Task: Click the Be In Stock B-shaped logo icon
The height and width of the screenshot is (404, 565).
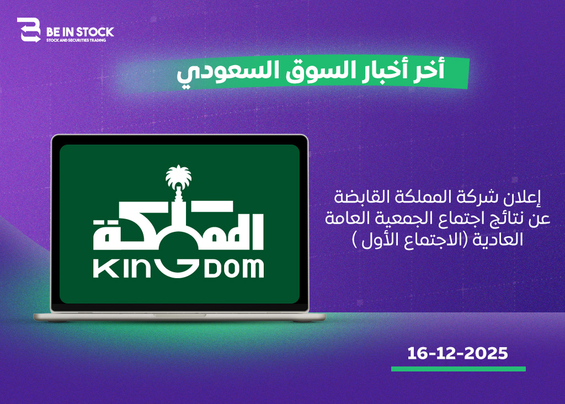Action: point(29,30)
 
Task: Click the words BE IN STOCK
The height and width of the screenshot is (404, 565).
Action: point(80,32)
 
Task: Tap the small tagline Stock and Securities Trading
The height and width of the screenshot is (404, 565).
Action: point(76,40)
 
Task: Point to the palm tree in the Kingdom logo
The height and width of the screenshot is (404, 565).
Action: point(178,177)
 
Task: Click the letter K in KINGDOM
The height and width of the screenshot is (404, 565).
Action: point(102,269)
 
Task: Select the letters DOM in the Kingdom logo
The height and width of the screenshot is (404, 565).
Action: point(234,269)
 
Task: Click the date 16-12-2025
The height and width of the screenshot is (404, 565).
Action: point(457,353)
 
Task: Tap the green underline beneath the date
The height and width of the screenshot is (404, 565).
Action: point(459,369)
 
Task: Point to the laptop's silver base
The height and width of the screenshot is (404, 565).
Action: point(179,317)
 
